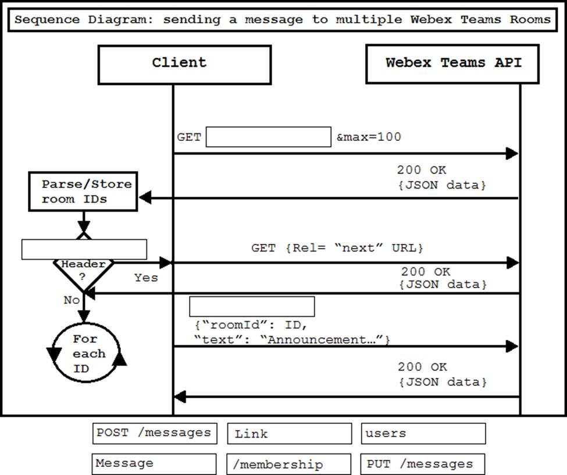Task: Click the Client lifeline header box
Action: pyautogui.click(x=184, y=64)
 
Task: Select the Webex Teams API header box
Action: pyautogui.click(x=453, y=64)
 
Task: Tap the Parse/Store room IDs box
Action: pyautogui.click(x=83, y=192)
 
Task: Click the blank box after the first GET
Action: pyautogui.click(x=268, y=137)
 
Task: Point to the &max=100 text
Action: pyautogui.click(x=369, y=137)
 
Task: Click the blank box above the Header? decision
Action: pyautogui.click(x=84, y=249)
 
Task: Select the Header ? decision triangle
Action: pyautogui.click(x=84, y=272)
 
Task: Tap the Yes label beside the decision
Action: pyautogui.click(x=146, y=278)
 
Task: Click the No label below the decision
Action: pyautogui.click(x=72, y=300)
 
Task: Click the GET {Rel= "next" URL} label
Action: pyautogui.click(x=337, y=248)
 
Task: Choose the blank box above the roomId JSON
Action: pyautogui.click(x=252, y=306)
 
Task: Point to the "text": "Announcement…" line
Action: pyautogui.click(x=292, y=339)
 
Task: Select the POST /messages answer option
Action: pyautogui.click(x=154, y=433)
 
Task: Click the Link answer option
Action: pyautogui.click(x=289, y=434)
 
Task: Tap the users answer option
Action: pyautogui.click(x=423, y=434)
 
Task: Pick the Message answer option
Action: pyautogui.click(x=154, y=464)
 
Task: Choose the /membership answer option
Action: pyautogui.click(x=289, y=465)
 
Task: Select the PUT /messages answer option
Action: pyautogui.click(x=423, y=465)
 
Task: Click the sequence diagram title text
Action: pyautogui.click(x=283, y=20)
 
